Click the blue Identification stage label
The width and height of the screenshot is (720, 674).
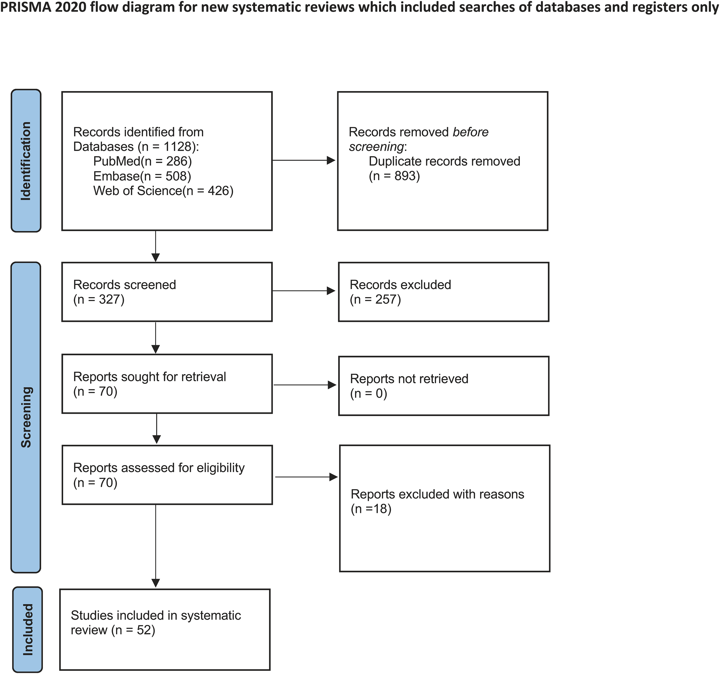click(26, 161)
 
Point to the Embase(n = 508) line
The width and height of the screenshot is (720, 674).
click(142, 176)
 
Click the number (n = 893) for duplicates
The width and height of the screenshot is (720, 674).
click(394, 176)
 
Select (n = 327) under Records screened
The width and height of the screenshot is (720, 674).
click(98, 300)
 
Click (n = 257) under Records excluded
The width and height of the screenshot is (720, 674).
click(375, 300)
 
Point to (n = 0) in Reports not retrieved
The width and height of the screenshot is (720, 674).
click(368, 394)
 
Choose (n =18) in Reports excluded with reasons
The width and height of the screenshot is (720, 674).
click(371, 509)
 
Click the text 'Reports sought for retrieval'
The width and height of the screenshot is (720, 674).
click(149, 377)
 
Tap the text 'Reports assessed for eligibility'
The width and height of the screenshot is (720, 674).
click(159, 468)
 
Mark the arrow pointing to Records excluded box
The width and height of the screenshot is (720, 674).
click(304, 291)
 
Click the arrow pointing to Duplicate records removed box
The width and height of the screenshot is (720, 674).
click(304, 160)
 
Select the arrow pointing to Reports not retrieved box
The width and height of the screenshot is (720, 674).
click(304, 385)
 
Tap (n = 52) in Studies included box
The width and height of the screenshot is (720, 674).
click(133, 630)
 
